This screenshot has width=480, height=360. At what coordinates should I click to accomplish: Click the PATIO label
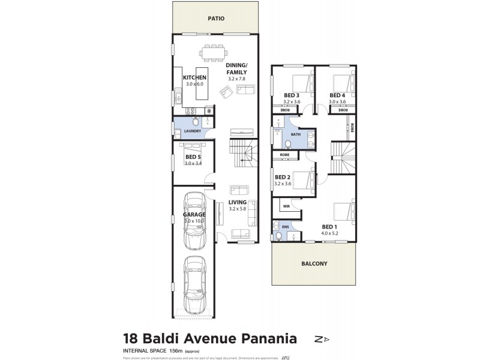(x=216, y=19)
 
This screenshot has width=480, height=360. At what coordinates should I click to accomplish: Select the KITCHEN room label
(x=194, y=78)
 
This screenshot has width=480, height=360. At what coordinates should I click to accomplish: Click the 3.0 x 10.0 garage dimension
(x=194, y=221)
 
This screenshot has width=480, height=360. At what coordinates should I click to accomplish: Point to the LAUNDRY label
(x=193, y=130)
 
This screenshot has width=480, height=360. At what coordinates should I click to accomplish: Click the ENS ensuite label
(x=286, y=227)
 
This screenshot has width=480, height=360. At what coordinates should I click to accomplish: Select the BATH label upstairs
(x=296, y=134)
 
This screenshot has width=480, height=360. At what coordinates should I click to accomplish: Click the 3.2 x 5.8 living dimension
(x=238, y=209)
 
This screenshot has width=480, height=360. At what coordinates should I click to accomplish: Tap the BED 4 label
(x=337, y=95)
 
